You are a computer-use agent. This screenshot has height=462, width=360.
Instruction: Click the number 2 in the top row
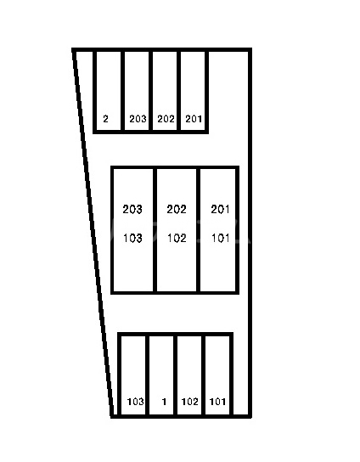click(106, 119)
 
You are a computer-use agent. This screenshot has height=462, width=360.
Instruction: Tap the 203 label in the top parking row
click(138, 119)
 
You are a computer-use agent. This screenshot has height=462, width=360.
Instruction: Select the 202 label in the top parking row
click(166, 119)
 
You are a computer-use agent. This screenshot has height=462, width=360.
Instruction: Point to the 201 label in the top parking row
click(194, 119)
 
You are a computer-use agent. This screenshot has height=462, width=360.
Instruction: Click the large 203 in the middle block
click(132, 209)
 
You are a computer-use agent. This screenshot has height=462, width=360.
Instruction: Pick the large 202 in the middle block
click(177, 209)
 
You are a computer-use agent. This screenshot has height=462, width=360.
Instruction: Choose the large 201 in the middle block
click(220, 209)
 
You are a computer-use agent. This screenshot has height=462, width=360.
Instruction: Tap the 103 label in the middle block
click(132, 238)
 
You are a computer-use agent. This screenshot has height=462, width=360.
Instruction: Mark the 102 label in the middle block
click(177, 238)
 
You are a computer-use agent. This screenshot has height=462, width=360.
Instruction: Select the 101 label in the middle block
click(221, 238)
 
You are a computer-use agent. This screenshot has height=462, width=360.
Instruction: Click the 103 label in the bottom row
click(136, 402)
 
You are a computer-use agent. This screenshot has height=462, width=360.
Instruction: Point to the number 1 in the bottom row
click(164, 402)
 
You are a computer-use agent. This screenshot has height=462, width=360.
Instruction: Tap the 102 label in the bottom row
click(189, 402)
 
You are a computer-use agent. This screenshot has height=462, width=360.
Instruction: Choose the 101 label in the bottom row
click(217, 402)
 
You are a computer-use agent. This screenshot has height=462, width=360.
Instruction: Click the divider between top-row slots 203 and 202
click(151, 91)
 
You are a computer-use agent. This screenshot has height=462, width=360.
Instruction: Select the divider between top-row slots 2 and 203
click(122, 91)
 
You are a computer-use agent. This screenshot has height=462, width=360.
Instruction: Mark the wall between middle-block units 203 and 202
click(155, 230)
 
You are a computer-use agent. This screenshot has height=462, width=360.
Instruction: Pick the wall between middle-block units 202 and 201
click(199, 230)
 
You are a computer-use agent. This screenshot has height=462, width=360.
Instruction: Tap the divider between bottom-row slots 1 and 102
click(175, 375)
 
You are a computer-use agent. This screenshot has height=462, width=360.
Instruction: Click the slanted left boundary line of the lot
click(93, 233)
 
